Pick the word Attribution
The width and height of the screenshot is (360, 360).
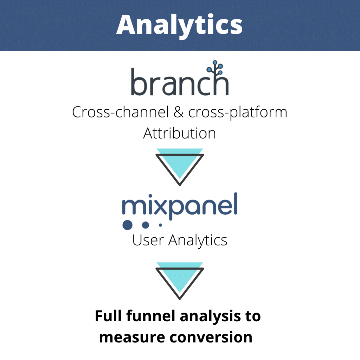coord(180,133)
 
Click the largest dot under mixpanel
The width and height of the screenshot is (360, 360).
coord(128,225)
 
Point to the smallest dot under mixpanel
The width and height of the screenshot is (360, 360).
coord(160,225)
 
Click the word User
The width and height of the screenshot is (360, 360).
coord(148,240)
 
